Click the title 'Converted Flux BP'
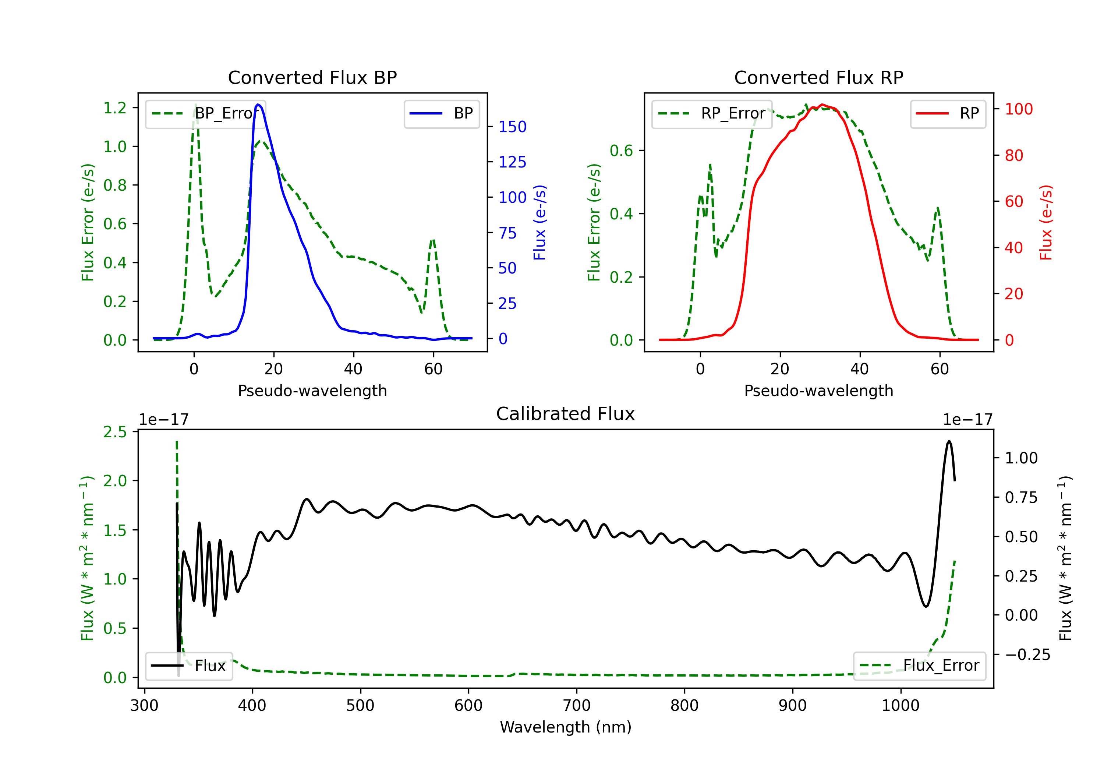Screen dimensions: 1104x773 312,77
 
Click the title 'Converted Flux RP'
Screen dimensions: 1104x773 818,77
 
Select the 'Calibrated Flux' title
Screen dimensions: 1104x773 566,414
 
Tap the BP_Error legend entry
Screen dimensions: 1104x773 205,113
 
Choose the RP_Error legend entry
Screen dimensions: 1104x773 712,113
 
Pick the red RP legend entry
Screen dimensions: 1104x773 948,113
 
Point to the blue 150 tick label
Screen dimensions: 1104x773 513,127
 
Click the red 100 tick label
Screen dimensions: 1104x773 1019,109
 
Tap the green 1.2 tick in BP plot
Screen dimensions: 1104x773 115,108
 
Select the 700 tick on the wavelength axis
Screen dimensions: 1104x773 577,706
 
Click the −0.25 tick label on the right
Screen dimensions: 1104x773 1027,655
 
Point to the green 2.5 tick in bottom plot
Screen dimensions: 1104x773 115,432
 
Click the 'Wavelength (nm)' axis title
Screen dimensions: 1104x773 566,727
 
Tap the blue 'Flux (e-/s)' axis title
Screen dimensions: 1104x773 539,222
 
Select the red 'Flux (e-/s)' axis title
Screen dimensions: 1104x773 1046,222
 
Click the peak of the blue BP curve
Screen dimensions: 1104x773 258,105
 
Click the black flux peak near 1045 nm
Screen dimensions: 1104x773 949,441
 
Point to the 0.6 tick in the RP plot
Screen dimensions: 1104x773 621,151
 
